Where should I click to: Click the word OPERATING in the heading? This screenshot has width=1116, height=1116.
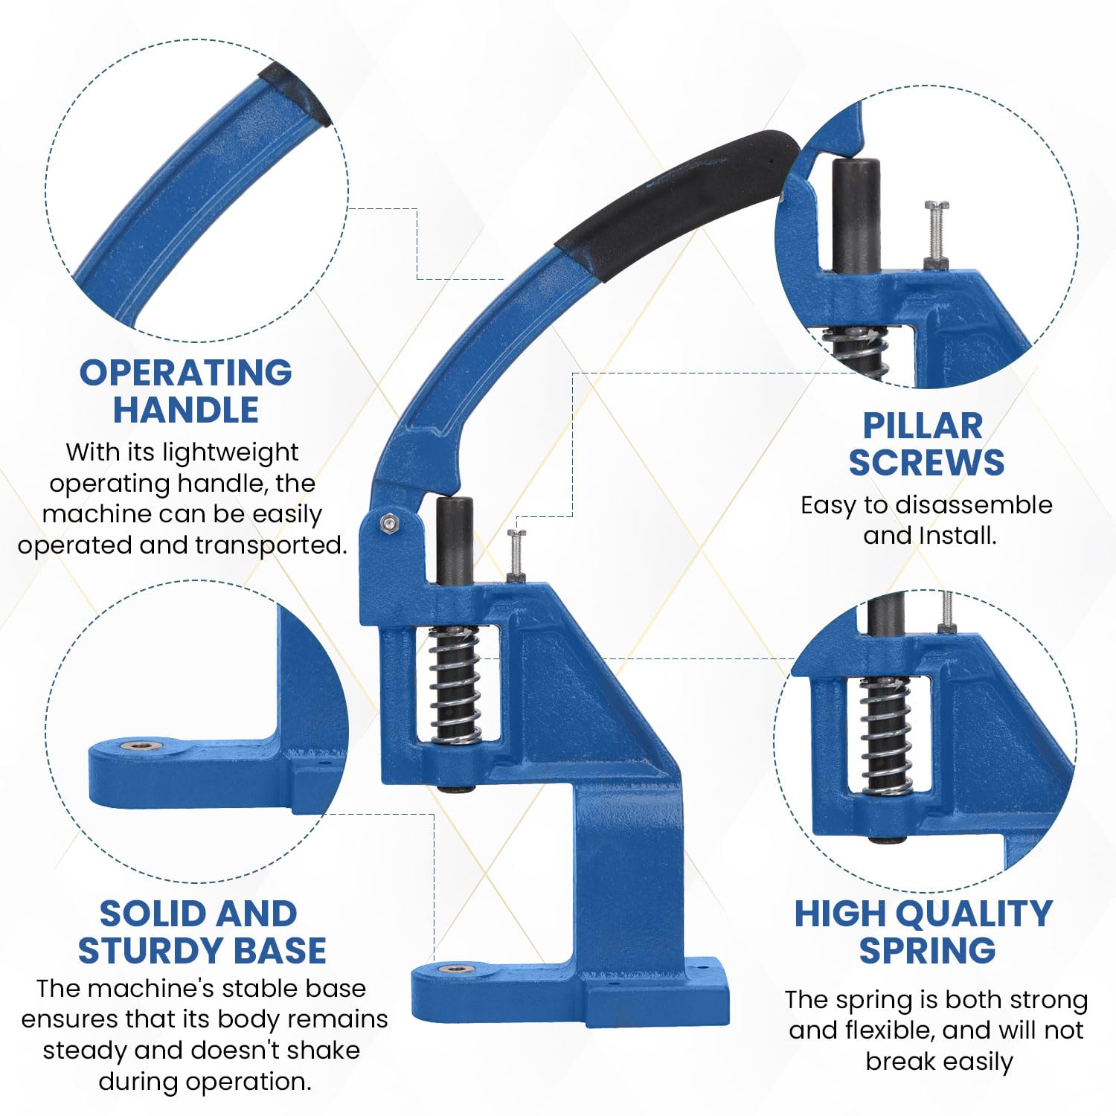[185, 373]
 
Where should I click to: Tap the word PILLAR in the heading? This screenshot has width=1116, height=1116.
[922, 426]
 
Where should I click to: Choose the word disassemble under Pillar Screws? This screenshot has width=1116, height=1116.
[973, 505]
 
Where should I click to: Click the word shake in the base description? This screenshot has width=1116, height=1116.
[323, 1050]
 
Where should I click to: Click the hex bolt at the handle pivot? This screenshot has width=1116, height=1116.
[388, 523]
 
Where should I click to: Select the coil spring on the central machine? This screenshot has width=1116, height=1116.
[455, 684]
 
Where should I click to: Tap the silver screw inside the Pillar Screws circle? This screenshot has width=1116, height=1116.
[936, 234]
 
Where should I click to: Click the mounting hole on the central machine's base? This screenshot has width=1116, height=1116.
[455, 969]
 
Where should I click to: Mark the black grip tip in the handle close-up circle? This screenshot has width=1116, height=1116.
[295, 93]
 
